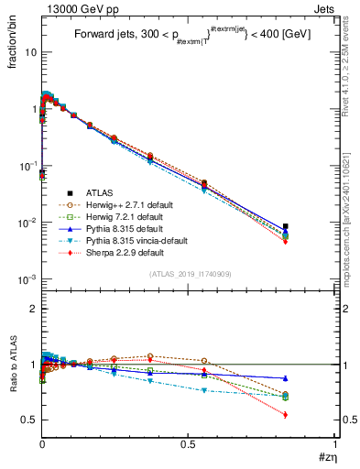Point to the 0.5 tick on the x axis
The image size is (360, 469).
[188, 442]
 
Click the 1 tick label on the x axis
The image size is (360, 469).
[334, 442]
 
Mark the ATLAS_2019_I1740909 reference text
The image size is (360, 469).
[188, 273]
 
